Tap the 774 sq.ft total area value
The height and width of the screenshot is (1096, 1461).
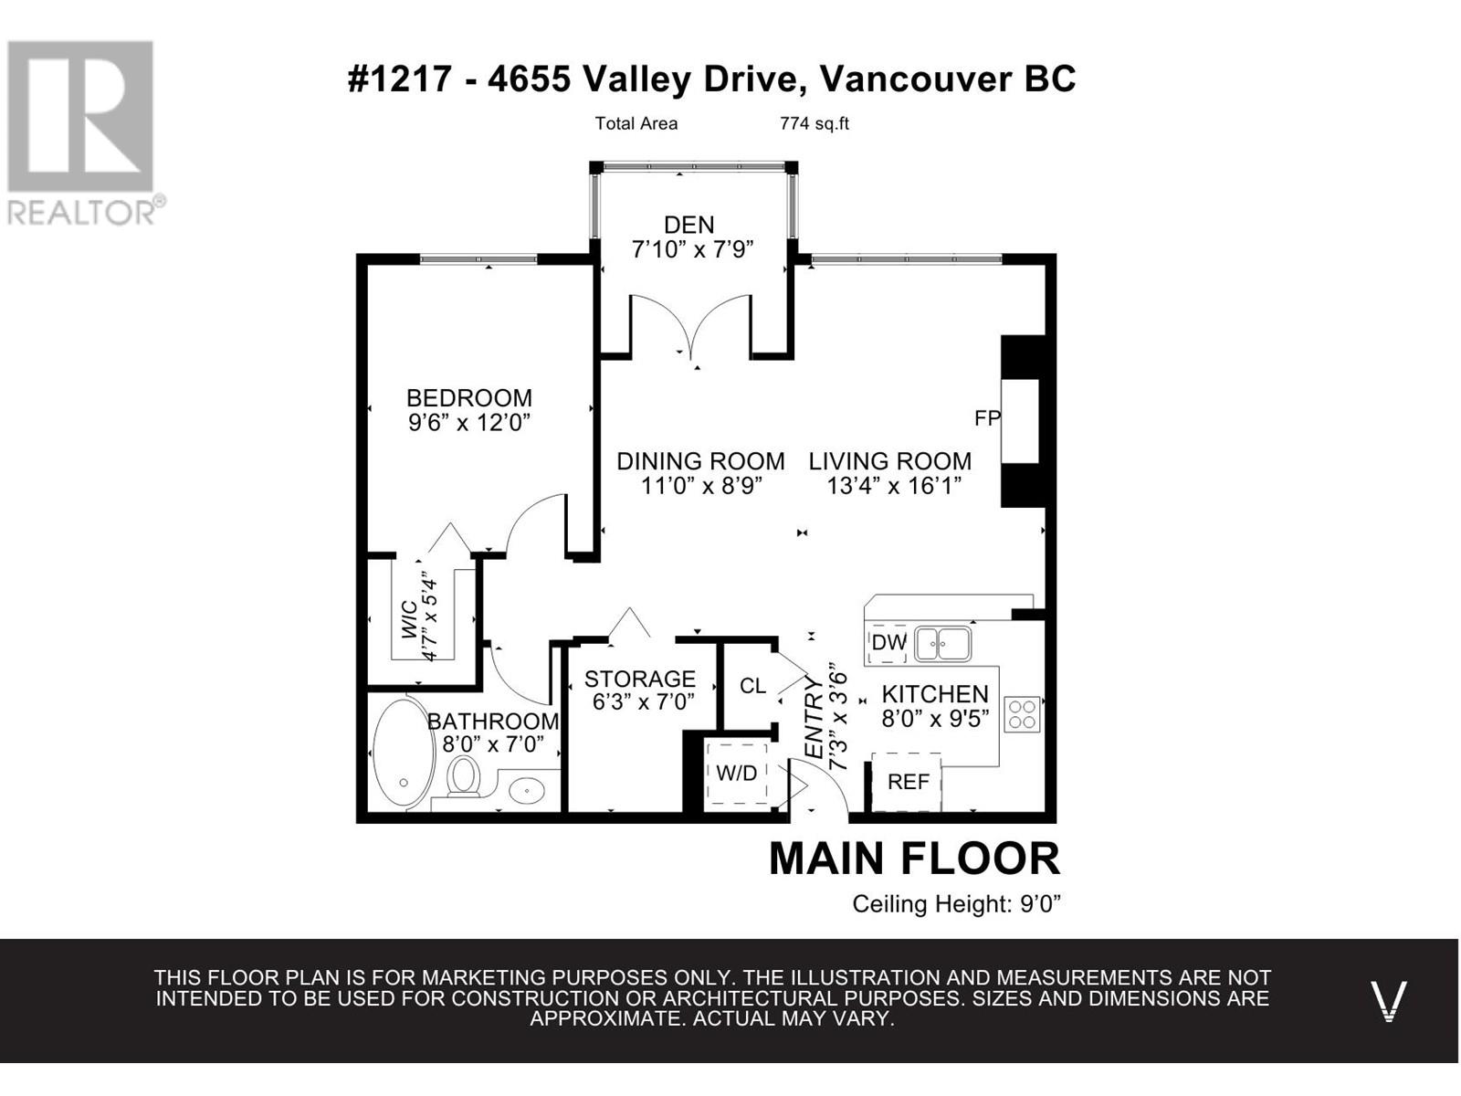click(814, 124)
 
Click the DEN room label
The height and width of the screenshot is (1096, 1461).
click(689, 225)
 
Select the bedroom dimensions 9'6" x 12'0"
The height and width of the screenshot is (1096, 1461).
click(469, 422)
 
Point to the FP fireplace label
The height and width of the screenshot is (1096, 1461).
click(987, 418)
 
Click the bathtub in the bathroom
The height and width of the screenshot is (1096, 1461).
click(404, 753)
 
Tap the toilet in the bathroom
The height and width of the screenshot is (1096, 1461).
click(463, 776)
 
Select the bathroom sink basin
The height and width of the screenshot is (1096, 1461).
click(527, 791)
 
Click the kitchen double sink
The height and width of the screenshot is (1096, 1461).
click(942, 644)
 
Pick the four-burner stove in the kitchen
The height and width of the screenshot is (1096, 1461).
click(1022, 714)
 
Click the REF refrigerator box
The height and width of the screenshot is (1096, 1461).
click(907, 782)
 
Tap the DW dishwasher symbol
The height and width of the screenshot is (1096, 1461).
click(888, 643)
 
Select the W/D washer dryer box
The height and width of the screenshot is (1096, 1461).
click(737, 774)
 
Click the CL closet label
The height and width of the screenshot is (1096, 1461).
click(752, 685)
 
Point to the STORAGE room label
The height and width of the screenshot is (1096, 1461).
click(640, 679)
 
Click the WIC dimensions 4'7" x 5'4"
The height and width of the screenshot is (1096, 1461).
click(431, 620)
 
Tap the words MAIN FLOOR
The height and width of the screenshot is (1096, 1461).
click(914, 859)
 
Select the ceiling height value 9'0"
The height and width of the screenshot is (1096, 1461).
click(1040, 903)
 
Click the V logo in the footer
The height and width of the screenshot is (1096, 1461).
click(1389, 1000)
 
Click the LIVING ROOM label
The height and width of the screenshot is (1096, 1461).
click(890, 461)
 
